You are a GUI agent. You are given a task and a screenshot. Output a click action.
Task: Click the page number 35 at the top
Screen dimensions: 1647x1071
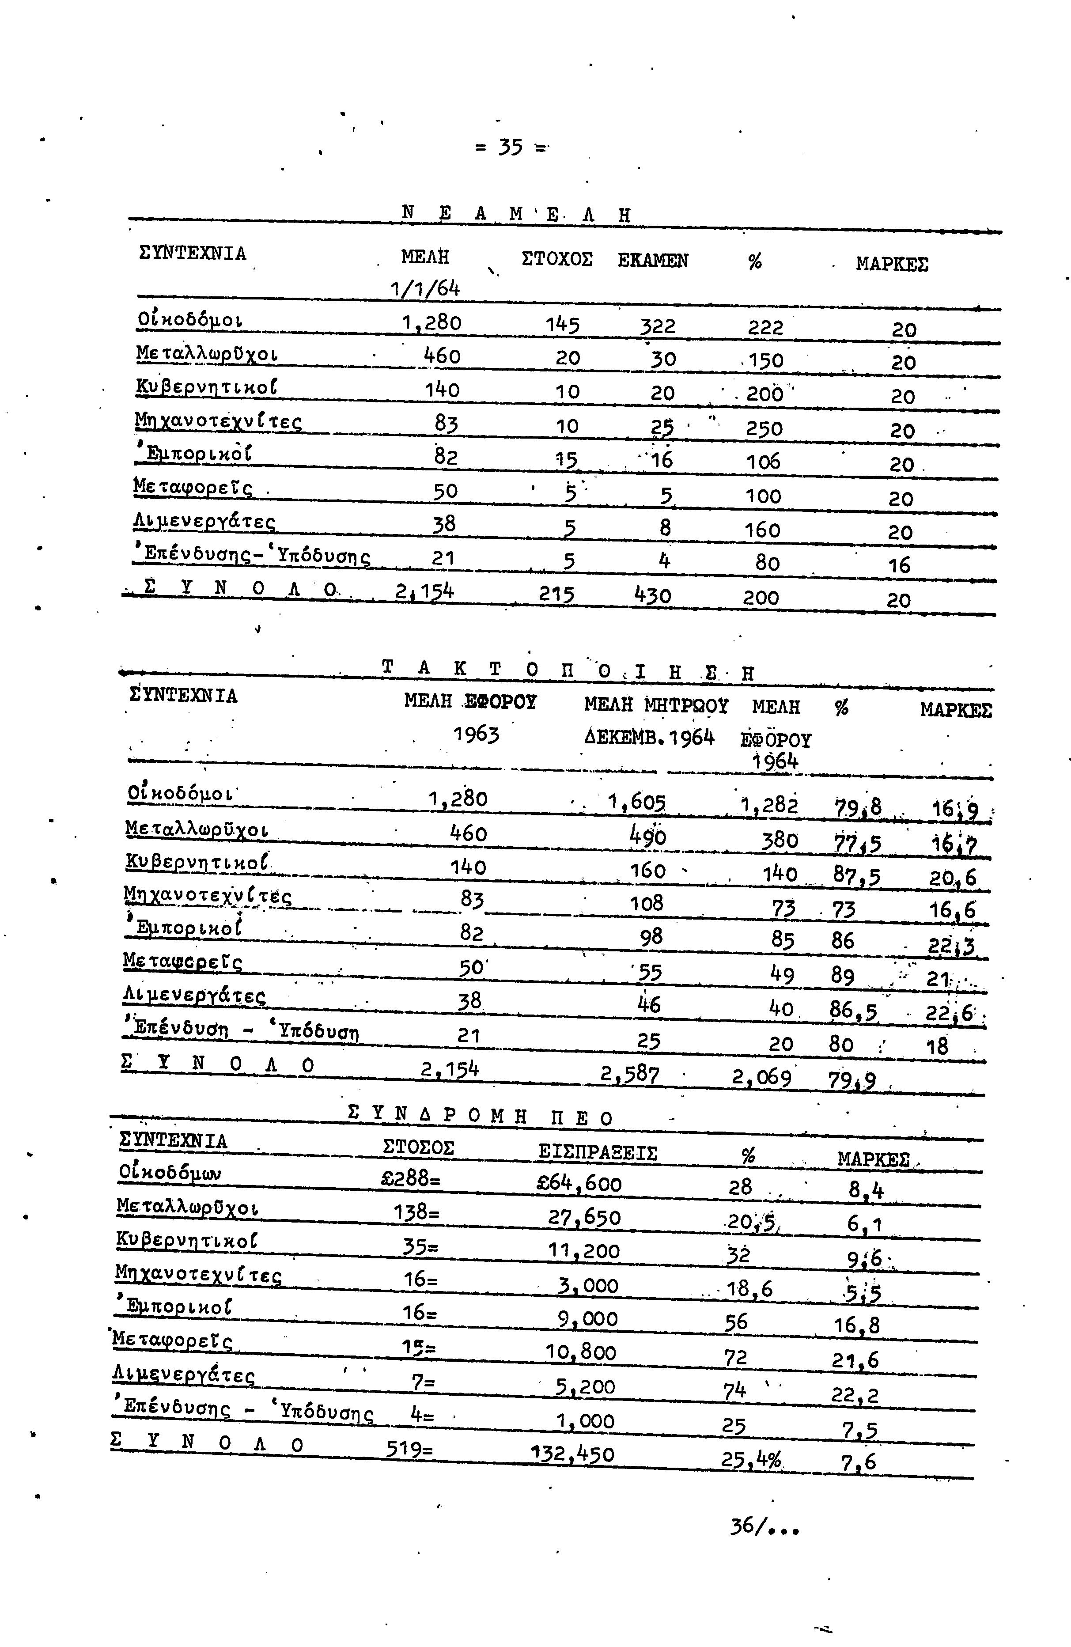click(510, 148)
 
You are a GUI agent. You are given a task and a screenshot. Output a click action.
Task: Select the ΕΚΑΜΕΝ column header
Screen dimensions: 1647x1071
click(652, 261)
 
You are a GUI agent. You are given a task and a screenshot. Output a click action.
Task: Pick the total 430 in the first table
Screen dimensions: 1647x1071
click(652, 594)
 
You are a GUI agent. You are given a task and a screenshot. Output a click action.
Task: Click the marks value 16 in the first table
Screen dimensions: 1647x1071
click(899, 565)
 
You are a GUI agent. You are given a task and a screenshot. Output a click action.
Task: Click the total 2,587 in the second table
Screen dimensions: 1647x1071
click(630, 1074)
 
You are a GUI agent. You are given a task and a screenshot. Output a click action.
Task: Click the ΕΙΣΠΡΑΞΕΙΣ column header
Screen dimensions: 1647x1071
click(597, 1152)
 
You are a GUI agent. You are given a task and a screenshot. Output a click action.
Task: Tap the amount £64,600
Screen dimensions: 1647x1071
click(579, 1183)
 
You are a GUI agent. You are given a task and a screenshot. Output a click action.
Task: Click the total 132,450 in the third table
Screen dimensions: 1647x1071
click(572, 1454)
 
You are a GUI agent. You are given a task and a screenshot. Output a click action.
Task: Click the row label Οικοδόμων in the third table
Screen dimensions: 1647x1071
click(170, 1174)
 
